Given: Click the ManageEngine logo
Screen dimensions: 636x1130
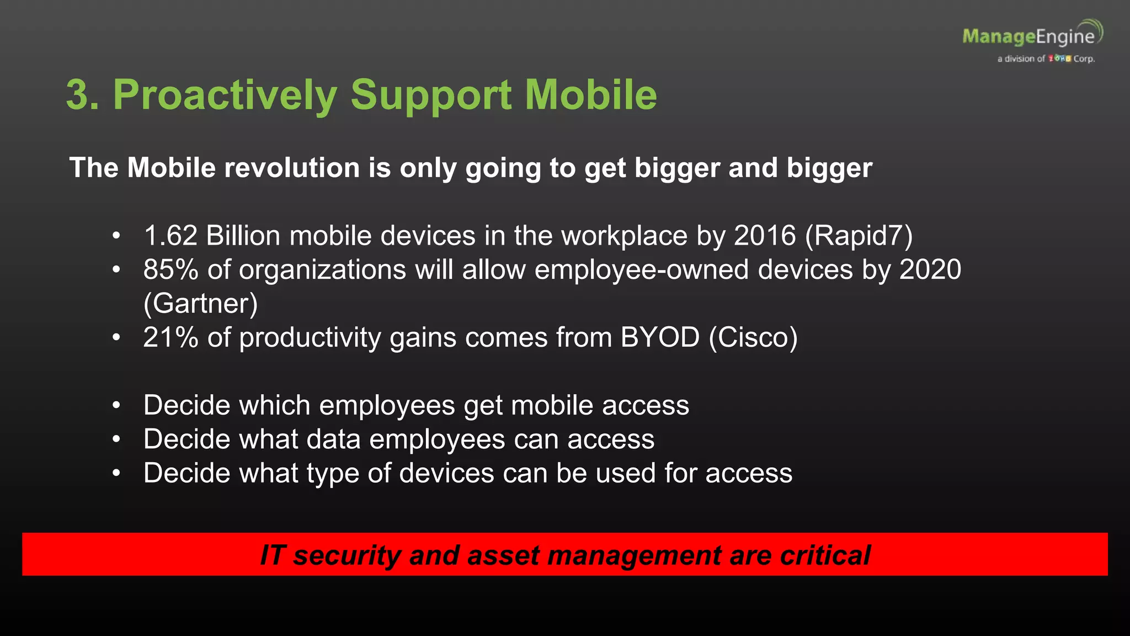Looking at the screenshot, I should click(1032, 38).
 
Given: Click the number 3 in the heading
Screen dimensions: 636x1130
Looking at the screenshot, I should click(78, 95).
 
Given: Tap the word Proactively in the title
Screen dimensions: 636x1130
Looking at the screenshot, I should click(225, 95).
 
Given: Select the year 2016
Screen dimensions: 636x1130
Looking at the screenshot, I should click(765, 236).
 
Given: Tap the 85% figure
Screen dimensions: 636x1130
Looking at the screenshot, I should click(170, 270).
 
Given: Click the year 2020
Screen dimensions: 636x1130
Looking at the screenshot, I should click(930, 270).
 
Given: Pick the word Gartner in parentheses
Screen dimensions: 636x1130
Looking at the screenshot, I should click(200, 304).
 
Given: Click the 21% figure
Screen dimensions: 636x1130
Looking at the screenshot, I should click(170, 337).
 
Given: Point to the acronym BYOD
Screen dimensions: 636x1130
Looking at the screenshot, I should click(660, 337).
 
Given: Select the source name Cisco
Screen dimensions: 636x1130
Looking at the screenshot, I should click(753, 337).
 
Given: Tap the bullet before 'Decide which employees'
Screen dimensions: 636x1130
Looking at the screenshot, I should click(116, 406).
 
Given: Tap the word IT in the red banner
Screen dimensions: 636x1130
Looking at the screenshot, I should click(272, 555).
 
